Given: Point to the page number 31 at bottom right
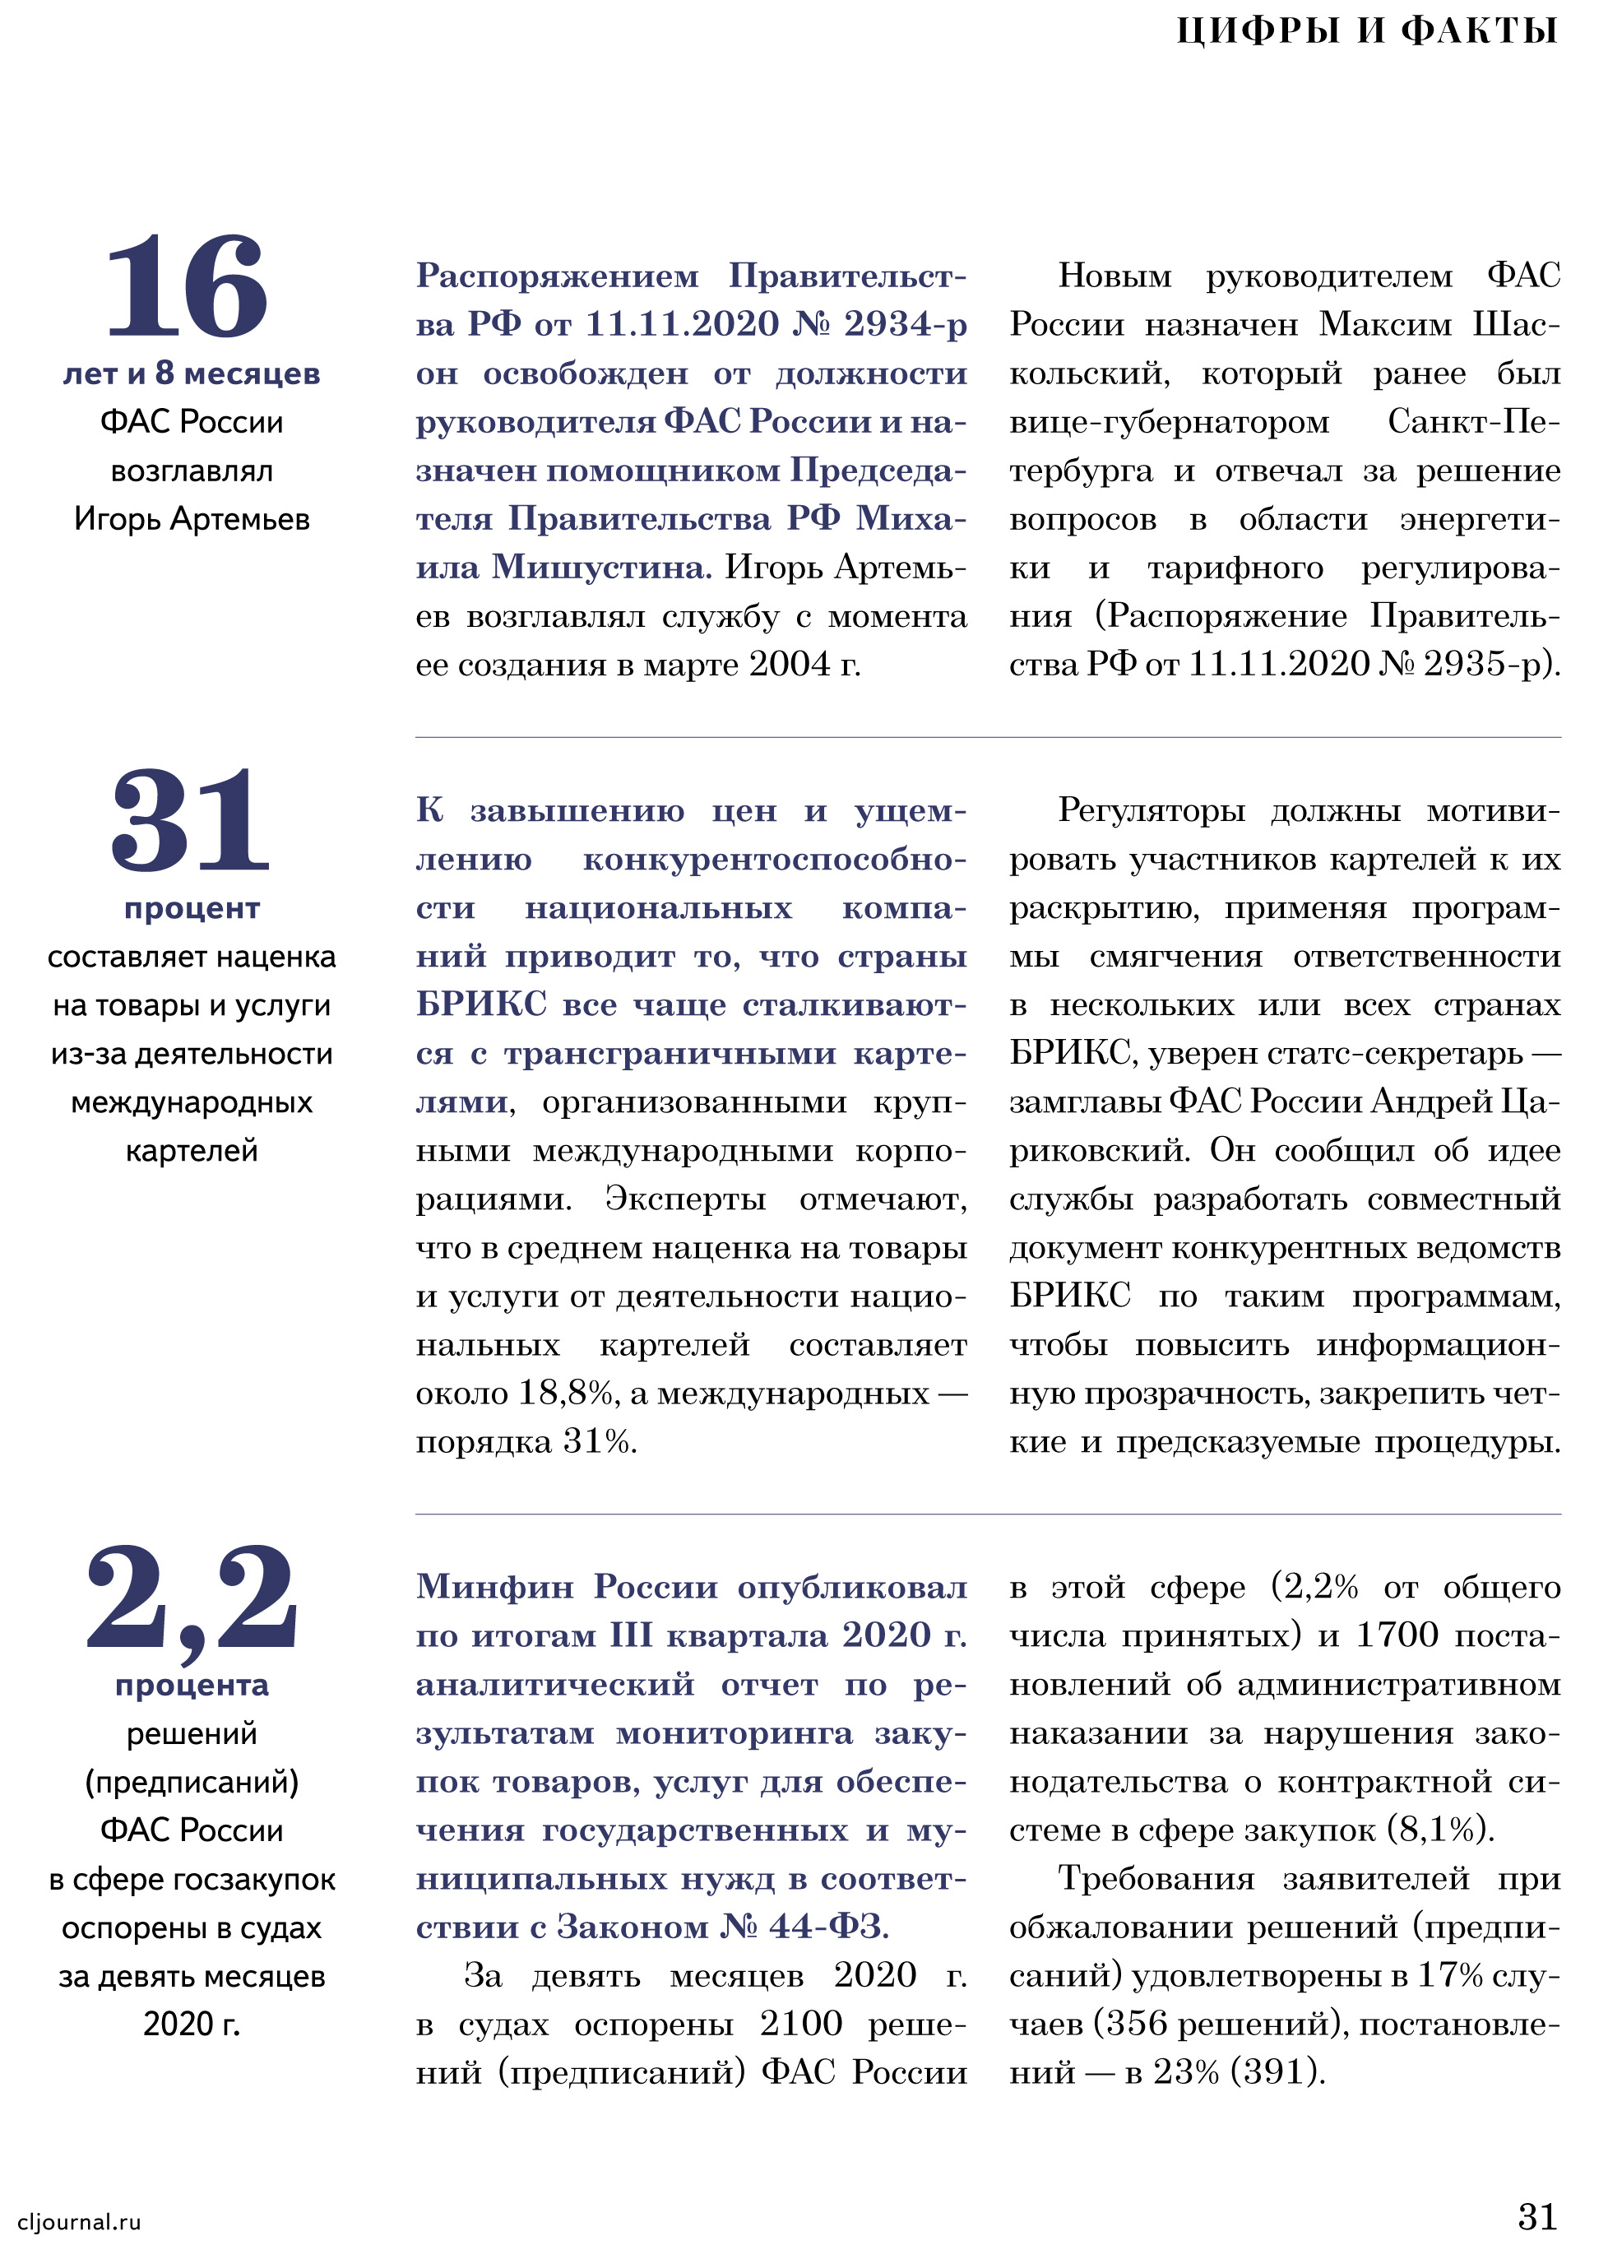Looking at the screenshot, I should point(1536,2215).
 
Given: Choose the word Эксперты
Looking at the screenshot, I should point(685,1199).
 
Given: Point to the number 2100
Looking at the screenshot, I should point(799,2023).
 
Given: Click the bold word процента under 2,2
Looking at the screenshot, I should point(192,1685).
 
